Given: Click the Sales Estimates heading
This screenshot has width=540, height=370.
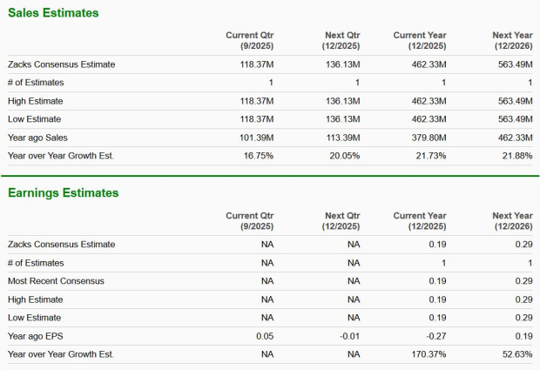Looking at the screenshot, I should (x=53, y=13).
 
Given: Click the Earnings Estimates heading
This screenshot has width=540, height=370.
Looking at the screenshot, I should (x=63, y=192).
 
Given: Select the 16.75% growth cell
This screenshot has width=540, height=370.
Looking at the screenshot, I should (x=258, y=155).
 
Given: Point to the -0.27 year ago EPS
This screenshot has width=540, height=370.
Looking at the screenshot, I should (x=435, y=335).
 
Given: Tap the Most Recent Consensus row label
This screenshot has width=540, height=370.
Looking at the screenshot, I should (x=57, y=280).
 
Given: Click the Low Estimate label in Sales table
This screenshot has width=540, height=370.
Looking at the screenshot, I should (x=36, y=118).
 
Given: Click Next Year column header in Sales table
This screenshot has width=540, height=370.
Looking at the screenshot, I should (x=512, y=40).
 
